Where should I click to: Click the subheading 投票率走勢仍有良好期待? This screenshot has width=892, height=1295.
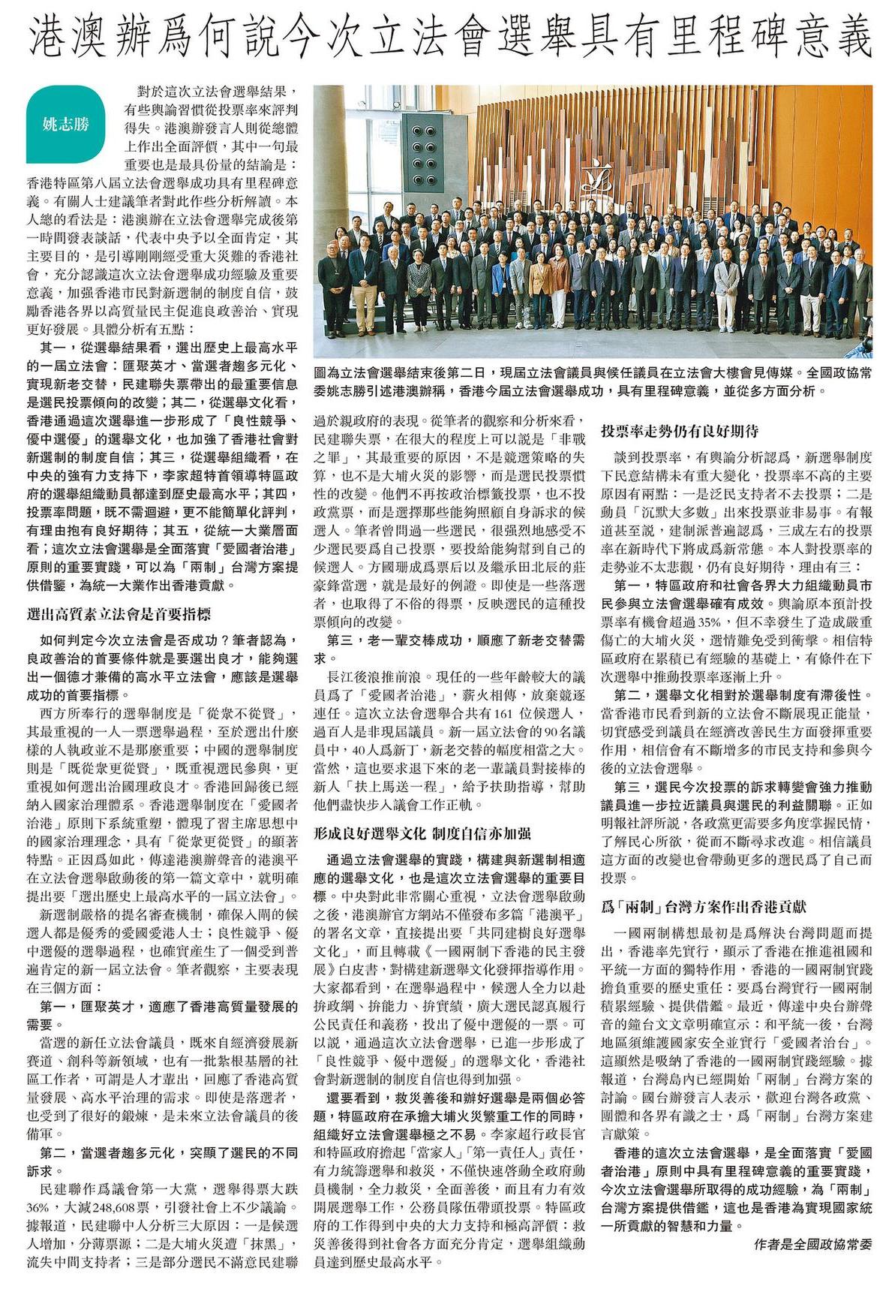tap(680, 432)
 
